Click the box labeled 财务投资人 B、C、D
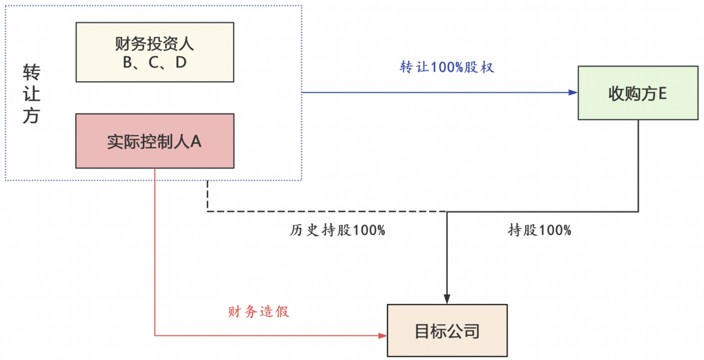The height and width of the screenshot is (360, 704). (x=154, y=52)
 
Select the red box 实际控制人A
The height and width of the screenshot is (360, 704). (x=154, y=141)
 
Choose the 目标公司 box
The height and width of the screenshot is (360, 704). (x=447, y=331)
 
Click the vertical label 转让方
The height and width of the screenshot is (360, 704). (x=31, y=94)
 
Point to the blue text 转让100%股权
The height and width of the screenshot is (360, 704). (x=447, y=68)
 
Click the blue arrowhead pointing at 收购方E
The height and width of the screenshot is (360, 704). (x=573, y=92)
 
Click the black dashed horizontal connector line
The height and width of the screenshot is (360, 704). (x=325, y=211)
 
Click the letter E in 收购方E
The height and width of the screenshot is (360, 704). (x=662, y=93)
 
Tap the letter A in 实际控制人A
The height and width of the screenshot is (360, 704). (x=196, y=141)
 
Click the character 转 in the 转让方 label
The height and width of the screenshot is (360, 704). (x=31, y=73)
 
